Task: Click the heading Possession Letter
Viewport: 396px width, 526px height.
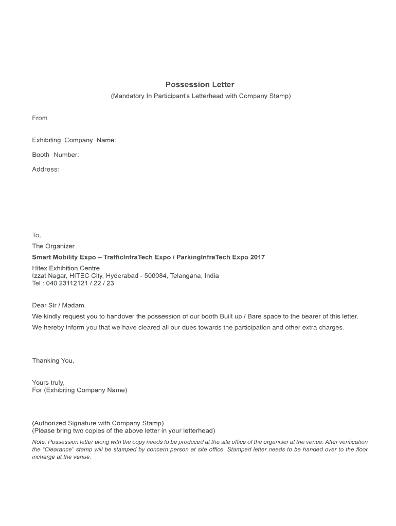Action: coord(200,84)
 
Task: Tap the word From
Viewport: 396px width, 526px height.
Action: coord(40,118)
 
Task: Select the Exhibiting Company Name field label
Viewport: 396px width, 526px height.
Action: coord(74,140)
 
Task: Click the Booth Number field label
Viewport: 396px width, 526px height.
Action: coord(55,155)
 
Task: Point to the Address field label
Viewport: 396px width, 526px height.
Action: coord(45,169)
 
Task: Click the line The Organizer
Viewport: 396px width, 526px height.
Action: coord(53,246)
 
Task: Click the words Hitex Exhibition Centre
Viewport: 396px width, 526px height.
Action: coord(66,268)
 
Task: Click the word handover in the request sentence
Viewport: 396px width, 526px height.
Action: coord(115,316)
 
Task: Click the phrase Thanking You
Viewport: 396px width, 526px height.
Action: coord(53,361)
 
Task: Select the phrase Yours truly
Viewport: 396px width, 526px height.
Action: coord(48,383)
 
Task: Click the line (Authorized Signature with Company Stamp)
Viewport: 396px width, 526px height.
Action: coord(98,423)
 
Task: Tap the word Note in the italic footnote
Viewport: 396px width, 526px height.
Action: coord(39,442)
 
